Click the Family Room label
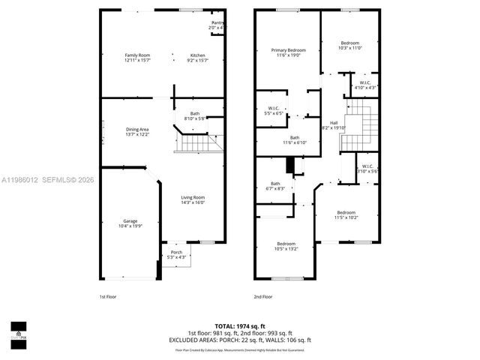pos(137,58)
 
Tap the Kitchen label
pos(197,58)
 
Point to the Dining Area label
pos(136,131)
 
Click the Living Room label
pos(193,199)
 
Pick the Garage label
pos(130,223)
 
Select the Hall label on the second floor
pos(334,125)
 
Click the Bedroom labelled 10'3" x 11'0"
pos(349,45)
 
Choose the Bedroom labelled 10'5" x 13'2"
pos(286,246)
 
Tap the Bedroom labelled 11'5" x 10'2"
pos(346,214)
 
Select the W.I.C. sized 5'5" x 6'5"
pos(273,110)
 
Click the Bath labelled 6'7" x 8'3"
pos(275,186)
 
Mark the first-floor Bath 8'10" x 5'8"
pos(195,115)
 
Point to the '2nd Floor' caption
pos(262,296)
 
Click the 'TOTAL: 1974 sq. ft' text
pos(240,325)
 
